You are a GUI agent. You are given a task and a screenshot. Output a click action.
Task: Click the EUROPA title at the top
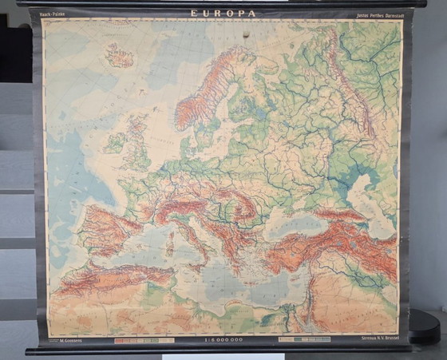click(x=223, y=14)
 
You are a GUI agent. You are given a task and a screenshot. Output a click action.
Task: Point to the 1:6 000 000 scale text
click(x=226, y=340)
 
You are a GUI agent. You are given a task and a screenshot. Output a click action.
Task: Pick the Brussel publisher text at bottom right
click(x=378, y=339)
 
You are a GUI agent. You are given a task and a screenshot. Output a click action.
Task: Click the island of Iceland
click(x=120, y=56)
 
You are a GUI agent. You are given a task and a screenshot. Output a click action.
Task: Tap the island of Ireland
click(x=115, y=143)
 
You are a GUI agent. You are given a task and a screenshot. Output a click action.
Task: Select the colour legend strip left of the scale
click(x=144, y=340)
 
